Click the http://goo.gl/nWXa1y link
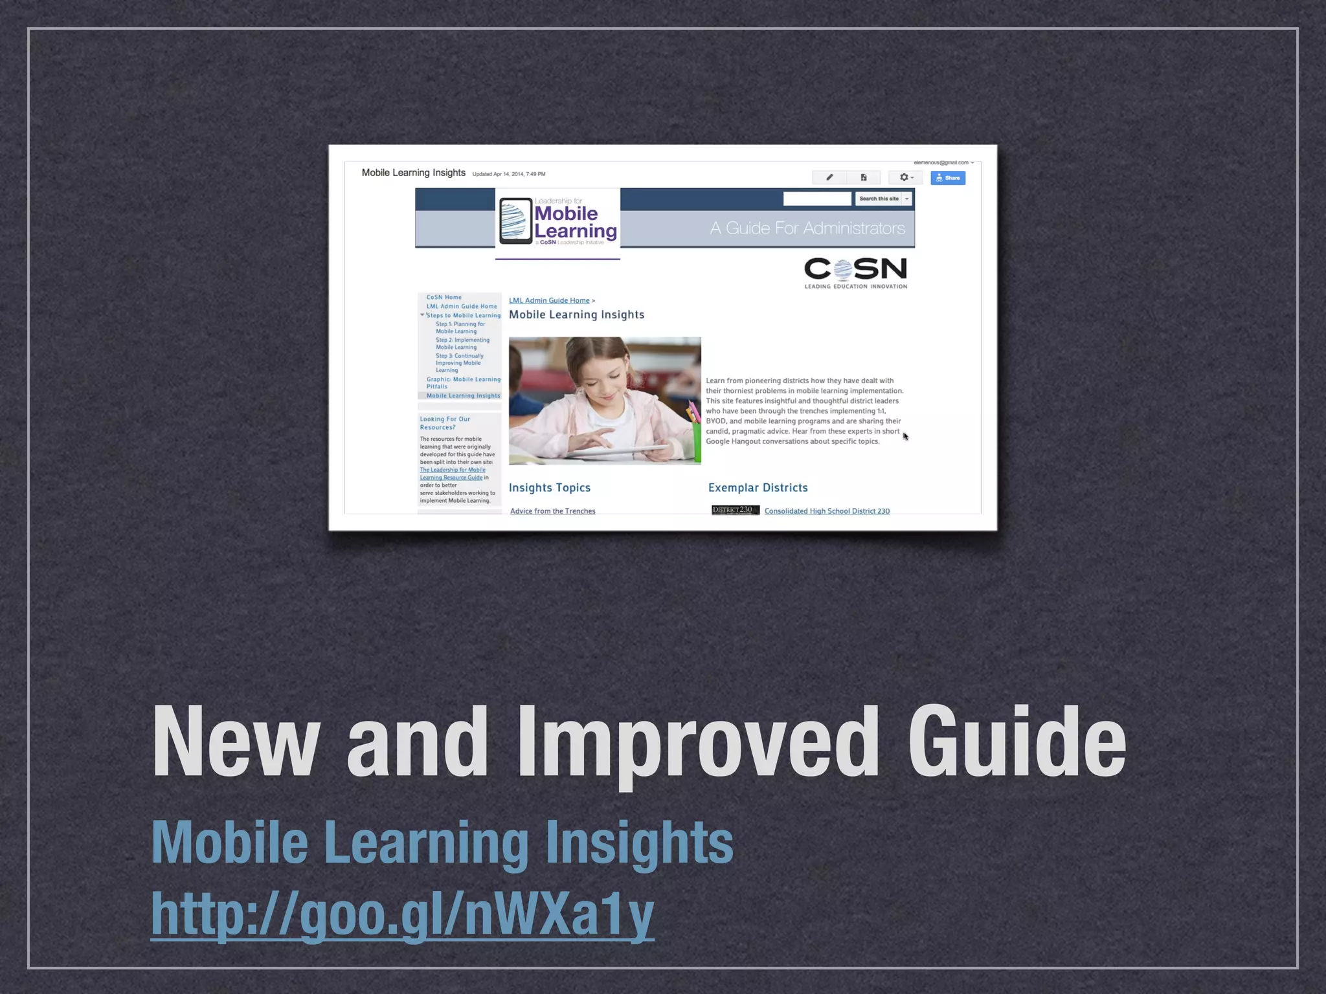click(x=402, y=914)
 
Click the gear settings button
click(x=906, y=177)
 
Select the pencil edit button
click(x=829, y=177)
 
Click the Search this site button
click(x=879, y=199)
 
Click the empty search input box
click(x=817, y=199)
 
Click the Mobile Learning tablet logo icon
click(x=515, y=221)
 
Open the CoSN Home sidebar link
click(x=444, y=297)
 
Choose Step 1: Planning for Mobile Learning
click(x=460, y=327)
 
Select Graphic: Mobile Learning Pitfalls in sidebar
click(x=463, y=382)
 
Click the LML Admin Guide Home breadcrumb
click(x=549, y=300)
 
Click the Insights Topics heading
click(x=549, y=488)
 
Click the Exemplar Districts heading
click(x=758, y=488)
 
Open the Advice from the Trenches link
click(x=552, y=511)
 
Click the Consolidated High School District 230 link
click(x=827, y=511)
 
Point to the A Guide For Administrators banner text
click(x=807, y=228)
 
